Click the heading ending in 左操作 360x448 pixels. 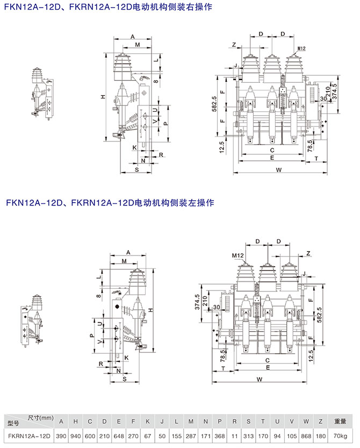[111, 203]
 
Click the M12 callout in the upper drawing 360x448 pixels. [301, 49]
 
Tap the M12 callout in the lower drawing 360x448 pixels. [239, 255]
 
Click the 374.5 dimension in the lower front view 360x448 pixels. [198, 302]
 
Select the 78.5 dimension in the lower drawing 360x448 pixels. [223, 354]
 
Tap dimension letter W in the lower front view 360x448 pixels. [260, 379]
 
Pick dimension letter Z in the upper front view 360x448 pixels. [234, 44]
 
